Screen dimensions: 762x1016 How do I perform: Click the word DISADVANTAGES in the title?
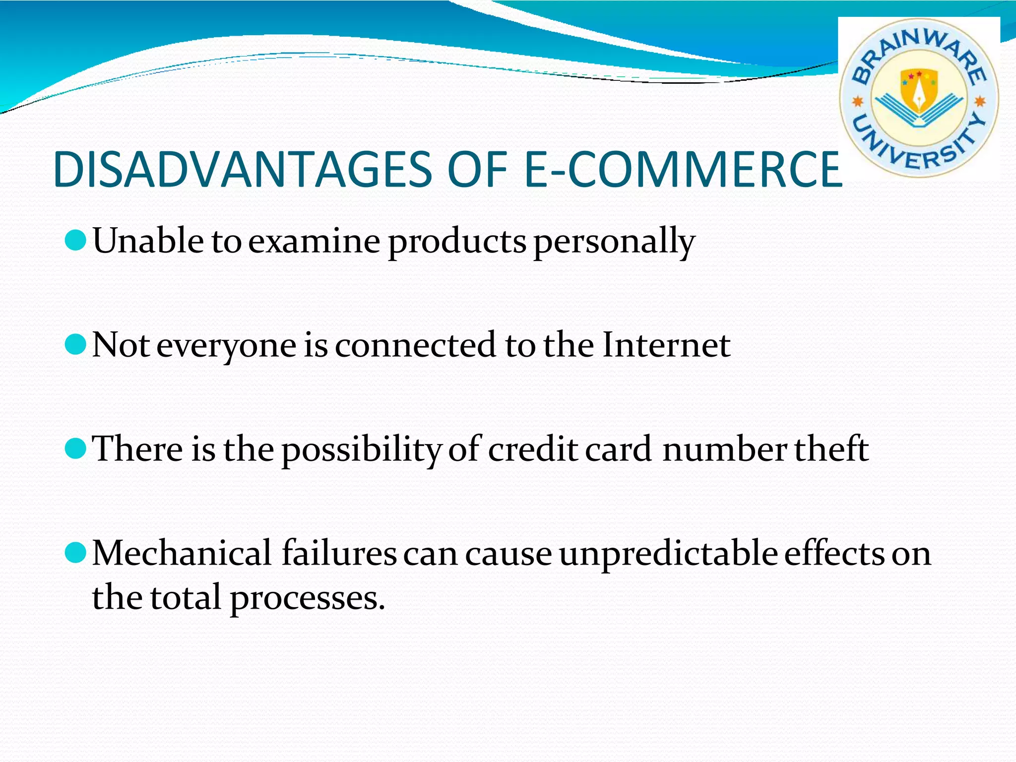coord(243,170)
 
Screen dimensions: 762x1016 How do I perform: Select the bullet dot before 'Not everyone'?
coord(75,344)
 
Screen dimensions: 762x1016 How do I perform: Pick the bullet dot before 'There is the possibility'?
coord(75,448)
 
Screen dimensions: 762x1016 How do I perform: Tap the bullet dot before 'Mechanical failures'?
coord(75,553)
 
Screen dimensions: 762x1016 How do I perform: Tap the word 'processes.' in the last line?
coord(308,599)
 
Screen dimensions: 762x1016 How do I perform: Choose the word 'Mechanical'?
coord(182,553)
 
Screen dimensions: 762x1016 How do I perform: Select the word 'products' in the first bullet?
coord(456,242)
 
